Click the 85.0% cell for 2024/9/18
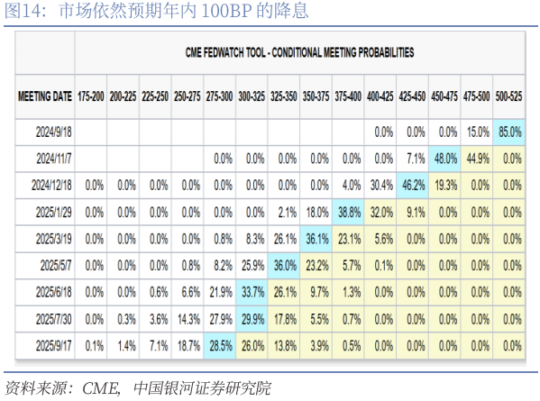point(509,132)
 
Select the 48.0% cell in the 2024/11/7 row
point(444,159)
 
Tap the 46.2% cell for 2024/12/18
point(413,186)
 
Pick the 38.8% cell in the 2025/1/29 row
point(348,213)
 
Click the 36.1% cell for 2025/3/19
point(316,239)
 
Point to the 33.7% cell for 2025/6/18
point(252,292)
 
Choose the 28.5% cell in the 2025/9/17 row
point(220,346)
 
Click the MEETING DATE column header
point(45,96)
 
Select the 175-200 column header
point(90,96)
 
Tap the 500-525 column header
point(508,96)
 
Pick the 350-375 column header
point(316,96)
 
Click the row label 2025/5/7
point(56,266)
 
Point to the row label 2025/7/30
point(54,319)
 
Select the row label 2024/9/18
point(54,132)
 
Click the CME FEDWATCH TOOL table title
point(299,52)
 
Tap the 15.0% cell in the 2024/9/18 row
point(478,132)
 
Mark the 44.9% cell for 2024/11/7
point(478,159)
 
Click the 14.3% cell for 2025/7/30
point(188,319)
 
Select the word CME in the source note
point(101,388)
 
